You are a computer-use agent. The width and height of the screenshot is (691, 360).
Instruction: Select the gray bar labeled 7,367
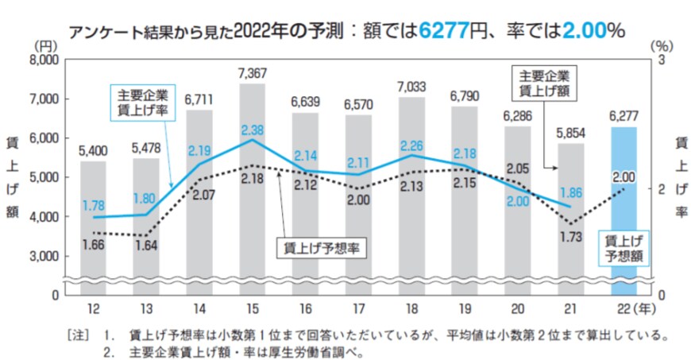point(252,191)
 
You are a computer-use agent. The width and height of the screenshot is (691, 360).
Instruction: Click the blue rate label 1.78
point(93,205)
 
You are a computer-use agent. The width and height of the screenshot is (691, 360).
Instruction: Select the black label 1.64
point(146,246)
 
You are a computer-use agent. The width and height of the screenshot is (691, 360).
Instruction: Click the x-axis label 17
point(358,308)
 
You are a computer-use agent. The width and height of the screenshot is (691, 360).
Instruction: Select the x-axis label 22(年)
point(627,308)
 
